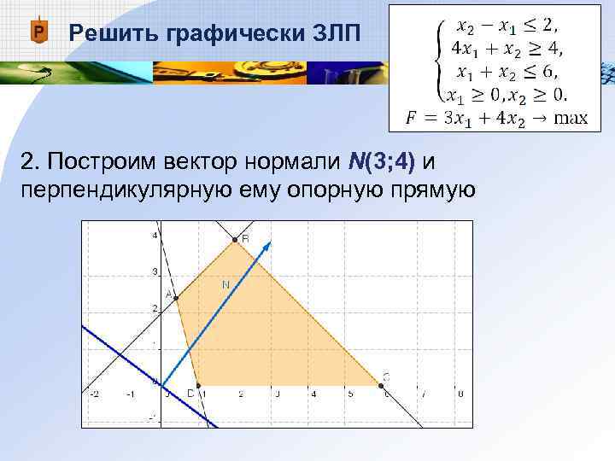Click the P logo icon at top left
pyautogui.click(x=38, y=33)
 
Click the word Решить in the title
pyautogui.click(x=103, y=33)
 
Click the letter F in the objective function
pyautogui.click(x=412, y=118)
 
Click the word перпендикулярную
pyautogui.click(x=119, y=188)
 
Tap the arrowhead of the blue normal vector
pyautogui.click(x=268, y=245)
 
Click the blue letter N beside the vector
pyautogui.click(x=225, y=284)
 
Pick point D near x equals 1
pyautogui.click(x=198, y=385)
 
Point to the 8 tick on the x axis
pyautogui.click(x=460, y=394)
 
